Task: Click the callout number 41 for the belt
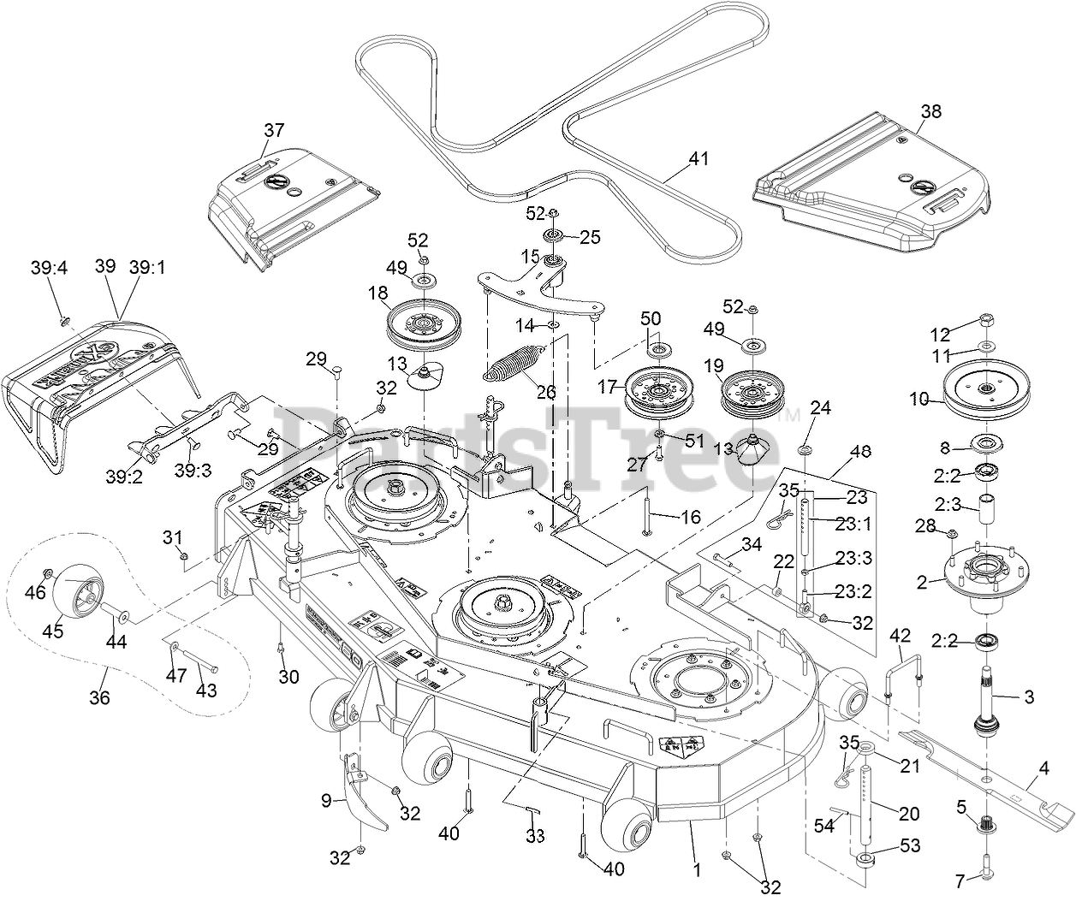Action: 700,159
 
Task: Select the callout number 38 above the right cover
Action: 930,111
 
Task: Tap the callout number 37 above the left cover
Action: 273,131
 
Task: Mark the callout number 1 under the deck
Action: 697,871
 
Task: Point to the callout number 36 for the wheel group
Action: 100,697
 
